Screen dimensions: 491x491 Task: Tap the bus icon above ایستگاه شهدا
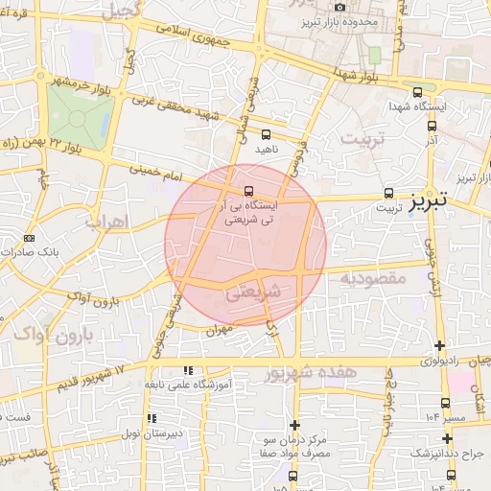[x=415, y=93]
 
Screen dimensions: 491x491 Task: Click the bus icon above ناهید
[x=266, y=135]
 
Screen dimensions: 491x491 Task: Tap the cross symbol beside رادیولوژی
[x=439, y=345]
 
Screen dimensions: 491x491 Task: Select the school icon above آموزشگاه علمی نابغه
[x=188, y=369]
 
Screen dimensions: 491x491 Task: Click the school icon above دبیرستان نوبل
[x=151, y=418]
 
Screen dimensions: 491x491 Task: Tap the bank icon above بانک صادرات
[x=29, y=238]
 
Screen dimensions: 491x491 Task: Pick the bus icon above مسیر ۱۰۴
[x=445, y=404]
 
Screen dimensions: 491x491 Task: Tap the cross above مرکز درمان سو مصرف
[x=294, y=425]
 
